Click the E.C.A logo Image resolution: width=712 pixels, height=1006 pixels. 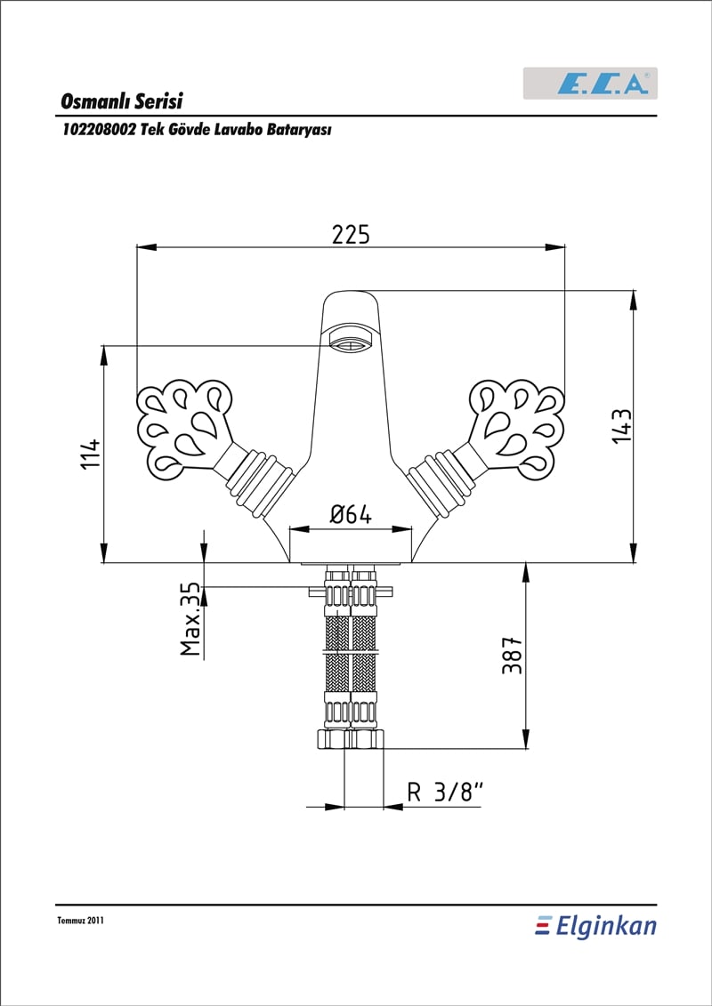click(590, 84)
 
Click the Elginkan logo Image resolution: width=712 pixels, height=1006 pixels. click(595, 927)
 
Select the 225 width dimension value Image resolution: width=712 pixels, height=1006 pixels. click(351, 235)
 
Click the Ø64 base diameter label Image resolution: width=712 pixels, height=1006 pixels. click(351, 515)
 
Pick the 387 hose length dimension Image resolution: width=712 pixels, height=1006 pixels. click(512, 656)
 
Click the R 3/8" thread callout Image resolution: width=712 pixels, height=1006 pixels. click(445, 793)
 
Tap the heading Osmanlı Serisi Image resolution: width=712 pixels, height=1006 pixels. click(122, 101)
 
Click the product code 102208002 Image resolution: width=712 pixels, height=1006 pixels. click(98, 130)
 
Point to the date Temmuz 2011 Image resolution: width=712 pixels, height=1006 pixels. click(80, 921)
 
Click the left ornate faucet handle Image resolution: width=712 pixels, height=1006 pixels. click(183, 429)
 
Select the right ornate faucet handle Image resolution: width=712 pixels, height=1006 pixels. click(517, 429)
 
